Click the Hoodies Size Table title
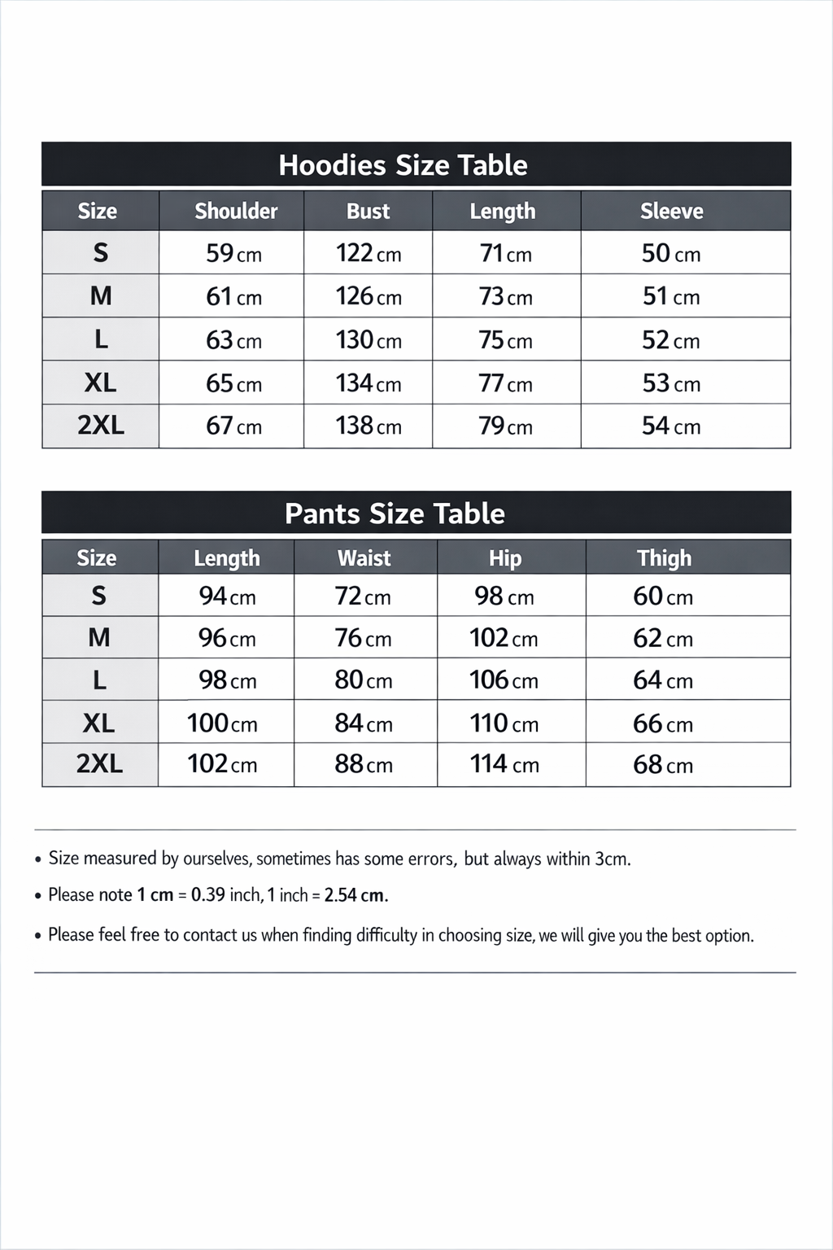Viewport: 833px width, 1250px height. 403,165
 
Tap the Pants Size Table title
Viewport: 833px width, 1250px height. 395,514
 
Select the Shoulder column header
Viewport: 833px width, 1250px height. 236,212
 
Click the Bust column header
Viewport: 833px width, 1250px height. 368,212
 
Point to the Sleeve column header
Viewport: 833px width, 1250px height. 671,212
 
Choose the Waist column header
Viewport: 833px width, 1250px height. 364,558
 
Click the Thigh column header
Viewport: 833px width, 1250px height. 664,558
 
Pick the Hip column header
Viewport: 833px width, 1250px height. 504,558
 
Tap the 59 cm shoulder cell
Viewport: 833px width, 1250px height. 233,253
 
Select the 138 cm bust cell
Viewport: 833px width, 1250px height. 369,426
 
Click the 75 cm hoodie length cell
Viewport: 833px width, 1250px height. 505,340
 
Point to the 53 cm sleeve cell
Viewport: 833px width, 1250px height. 671,383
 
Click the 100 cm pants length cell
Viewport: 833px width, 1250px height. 222,723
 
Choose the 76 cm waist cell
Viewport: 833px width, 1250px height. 363,638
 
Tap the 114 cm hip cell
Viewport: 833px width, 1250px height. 504,764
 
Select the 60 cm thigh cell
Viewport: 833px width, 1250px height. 663,597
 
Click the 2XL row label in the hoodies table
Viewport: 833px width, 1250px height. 101,426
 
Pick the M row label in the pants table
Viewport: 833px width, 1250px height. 99,638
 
